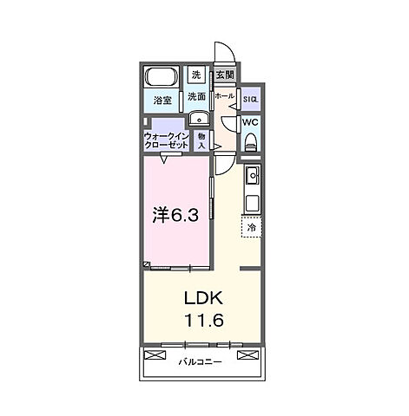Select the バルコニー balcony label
tap(200, 361)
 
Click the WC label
tap(249, 122)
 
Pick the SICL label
tap(249, 98)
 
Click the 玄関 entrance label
tap(224, 75)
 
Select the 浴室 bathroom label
tap(161, 100)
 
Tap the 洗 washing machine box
tap(195, 75)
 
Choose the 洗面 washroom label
tap(196, 96)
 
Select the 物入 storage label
tap(201, 141)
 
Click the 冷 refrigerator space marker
tap(251, 227)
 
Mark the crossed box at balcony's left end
tap(155, 356)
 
